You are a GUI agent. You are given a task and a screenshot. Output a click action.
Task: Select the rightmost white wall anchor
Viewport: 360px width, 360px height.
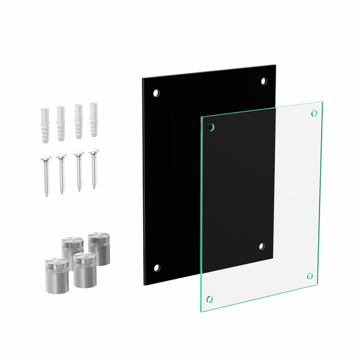click(x=93, y=118)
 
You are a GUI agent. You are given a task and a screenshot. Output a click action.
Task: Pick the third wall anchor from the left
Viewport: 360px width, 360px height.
click(x=78, y=120)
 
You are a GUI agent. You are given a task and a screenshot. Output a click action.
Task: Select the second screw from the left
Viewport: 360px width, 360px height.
click(x=61, y=174)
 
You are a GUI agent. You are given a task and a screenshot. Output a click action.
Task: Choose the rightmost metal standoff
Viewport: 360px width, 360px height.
click(x=99, y=248)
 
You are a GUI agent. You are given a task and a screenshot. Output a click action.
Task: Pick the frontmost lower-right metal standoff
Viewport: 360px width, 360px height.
click(x=84, y=269)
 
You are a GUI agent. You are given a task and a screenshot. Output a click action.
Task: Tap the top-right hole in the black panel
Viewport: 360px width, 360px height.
click(x=264, y=81)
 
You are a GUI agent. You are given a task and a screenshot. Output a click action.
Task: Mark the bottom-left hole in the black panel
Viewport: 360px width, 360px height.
click(x=157, y=267)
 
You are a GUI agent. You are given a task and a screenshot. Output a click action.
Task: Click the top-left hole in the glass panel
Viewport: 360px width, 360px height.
click(x=211, y=126)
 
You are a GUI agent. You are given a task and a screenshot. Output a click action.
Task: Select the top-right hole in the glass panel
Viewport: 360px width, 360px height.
click(x=313, y=113)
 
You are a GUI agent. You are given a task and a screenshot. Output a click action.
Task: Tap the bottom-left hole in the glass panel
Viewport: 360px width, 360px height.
click(x=209, y=298)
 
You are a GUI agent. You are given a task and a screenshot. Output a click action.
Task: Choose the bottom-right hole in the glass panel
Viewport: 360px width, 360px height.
click(x=310, y=276)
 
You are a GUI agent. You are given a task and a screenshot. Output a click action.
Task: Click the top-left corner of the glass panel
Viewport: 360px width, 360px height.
click(x=201, y=115)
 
